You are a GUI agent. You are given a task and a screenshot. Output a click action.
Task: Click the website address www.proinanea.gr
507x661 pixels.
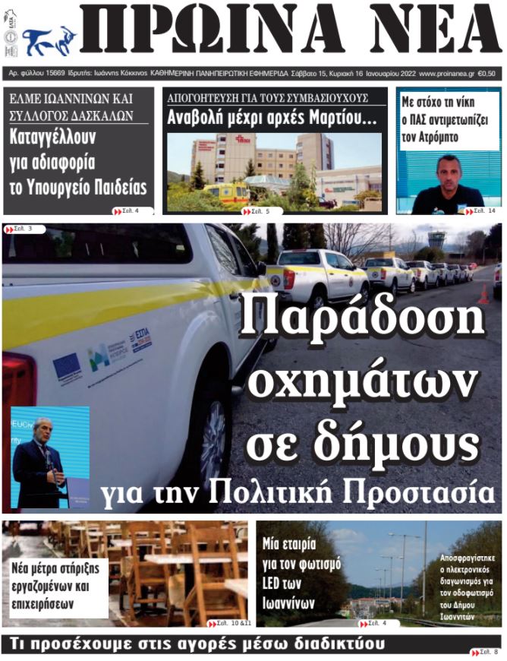click(446, 74)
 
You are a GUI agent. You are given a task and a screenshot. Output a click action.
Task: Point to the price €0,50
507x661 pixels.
click(487, 74)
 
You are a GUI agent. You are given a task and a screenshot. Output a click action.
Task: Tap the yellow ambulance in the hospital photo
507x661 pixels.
click(225, 193)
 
